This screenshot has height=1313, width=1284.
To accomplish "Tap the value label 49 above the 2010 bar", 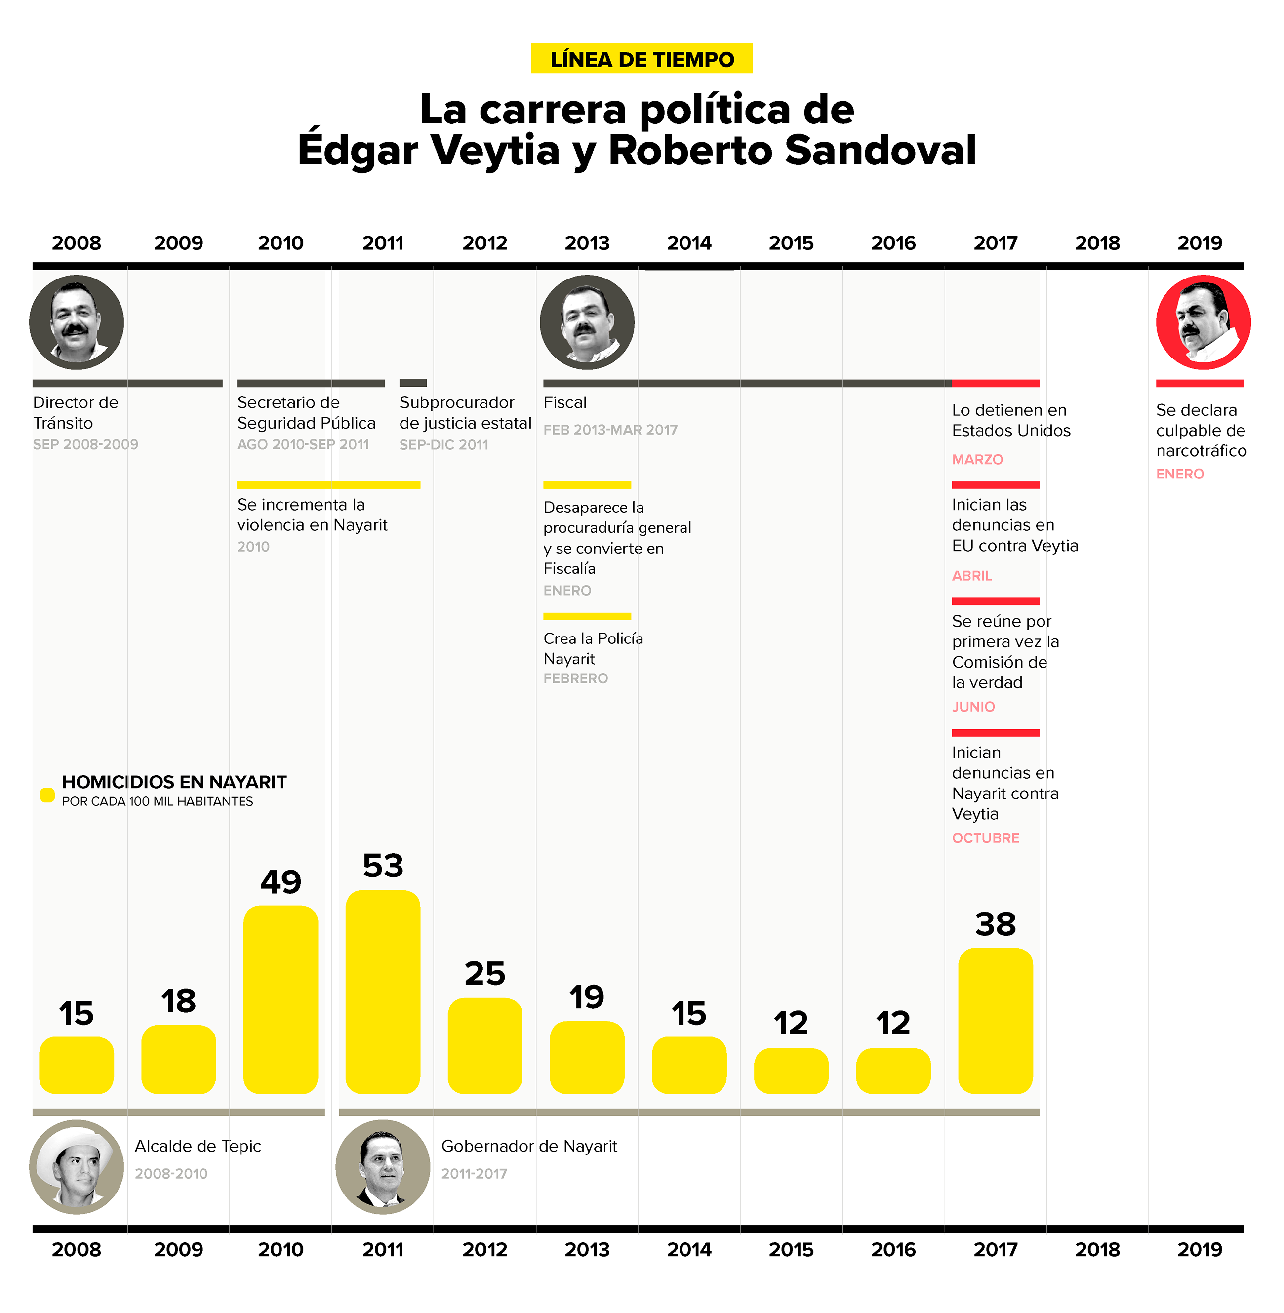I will (x=281, y=881).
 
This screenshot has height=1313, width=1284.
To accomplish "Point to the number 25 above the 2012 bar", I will (x=484, y=973).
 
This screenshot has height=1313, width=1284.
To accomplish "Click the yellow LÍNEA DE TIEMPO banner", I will (x=642, y=59).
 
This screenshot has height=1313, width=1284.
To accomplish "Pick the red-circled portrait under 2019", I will (x=1203, y=322).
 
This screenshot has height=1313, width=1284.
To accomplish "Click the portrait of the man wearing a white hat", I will (x=76, y=1167).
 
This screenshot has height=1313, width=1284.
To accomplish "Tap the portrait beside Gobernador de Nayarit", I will (x=382, y=1167).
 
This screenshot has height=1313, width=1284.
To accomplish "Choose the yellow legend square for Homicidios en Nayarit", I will (x=47, y=795).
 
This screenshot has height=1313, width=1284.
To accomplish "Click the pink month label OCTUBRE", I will (x=985, y=837).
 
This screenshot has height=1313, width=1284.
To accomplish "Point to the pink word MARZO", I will (x=977, y=459).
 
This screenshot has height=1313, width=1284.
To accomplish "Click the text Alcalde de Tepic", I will (x=198, y=1146).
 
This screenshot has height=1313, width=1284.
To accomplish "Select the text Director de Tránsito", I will (x=76, y=412).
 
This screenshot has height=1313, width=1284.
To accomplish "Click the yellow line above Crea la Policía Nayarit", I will (x=587, y=616).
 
